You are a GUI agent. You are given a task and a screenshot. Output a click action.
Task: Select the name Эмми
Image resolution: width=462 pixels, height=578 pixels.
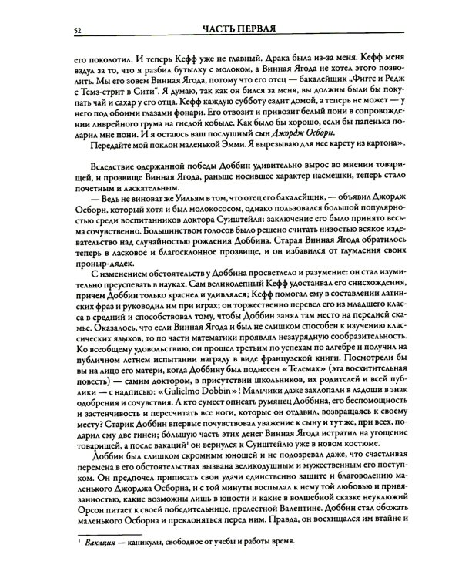[x=211, y=166]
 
